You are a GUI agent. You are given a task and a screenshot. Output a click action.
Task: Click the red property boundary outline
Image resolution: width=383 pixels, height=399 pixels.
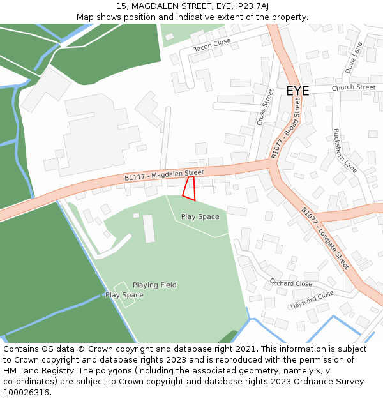click(x=189, y=188)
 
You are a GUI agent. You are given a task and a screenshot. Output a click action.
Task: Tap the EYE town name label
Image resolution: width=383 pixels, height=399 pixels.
click(x=297, y=91)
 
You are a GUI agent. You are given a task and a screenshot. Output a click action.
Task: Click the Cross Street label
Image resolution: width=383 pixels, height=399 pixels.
click(x=264, y=107)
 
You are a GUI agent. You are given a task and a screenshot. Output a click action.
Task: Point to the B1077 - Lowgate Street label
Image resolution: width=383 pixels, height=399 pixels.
click(x=326, y=237)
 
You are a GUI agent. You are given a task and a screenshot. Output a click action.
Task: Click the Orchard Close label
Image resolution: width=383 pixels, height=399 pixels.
click(x=291, y=283)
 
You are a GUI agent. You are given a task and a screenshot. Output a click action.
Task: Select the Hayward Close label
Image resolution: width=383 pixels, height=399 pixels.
click(x=312, y=299)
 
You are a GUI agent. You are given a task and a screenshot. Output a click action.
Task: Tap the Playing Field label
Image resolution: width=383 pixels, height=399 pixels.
click(x=154, y=285)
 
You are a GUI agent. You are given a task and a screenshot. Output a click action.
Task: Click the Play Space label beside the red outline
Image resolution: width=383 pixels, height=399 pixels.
click(x=200, y=216)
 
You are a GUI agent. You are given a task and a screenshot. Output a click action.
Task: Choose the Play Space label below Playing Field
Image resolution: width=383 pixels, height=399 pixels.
click(x=124, y=295)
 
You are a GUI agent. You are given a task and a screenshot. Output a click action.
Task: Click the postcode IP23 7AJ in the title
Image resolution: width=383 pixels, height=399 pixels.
click(x=252, y=6)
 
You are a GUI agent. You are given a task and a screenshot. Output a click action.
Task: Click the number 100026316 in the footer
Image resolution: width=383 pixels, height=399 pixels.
click(x=26, y=392)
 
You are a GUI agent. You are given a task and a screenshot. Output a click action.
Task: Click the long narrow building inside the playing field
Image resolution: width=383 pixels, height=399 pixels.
click(x=149, y=228)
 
